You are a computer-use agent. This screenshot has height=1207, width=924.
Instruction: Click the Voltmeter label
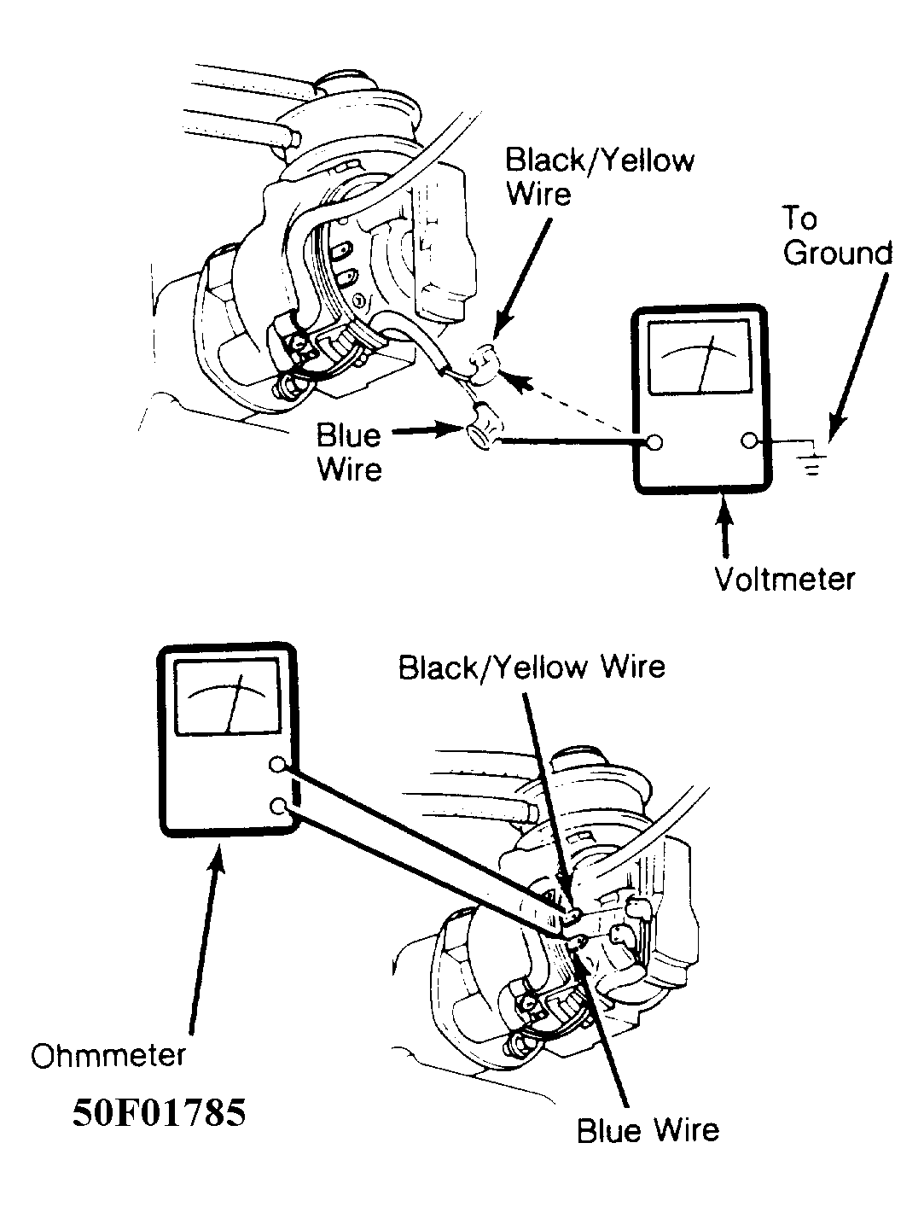tap(784, 580)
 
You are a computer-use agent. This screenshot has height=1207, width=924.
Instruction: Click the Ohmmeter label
tap(108, 1055)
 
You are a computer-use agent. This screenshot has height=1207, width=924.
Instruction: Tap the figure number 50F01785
tap(159, 1113)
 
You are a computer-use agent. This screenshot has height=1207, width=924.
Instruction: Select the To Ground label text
tap(837, 236)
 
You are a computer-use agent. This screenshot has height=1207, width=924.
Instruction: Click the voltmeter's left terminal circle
tap(655, 443)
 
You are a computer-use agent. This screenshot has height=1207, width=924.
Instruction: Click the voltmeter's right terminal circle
tap(748, 441)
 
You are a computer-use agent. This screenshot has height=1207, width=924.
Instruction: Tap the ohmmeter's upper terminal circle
tap(276, 765)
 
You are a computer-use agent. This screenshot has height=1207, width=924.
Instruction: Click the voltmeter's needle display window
tap(700, 358)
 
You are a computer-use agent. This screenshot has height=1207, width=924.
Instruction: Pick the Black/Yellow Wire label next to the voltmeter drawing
tap(599, 178)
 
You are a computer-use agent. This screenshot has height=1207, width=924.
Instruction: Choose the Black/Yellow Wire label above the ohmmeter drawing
tap(532, 668)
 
